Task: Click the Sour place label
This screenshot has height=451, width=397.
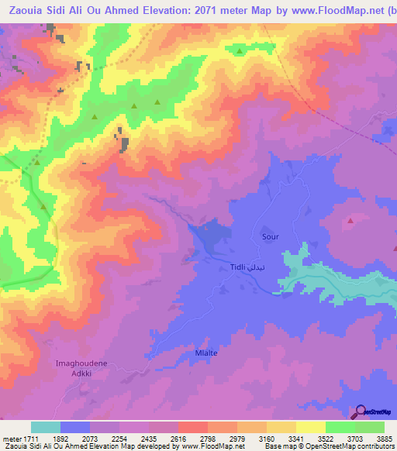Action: click(x=270, y=237)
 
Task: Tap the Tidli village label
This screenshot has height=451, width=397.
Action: click(x=238, y=268)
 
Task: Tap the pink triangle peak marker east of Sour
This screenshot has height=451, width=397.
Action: click(x=350, y=221)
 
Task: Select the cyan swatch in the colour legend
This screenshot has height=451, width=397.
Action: click(x=46, y=427)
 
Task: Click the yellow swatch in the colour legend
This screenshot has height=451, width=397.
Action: click(x=311, y=427)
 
